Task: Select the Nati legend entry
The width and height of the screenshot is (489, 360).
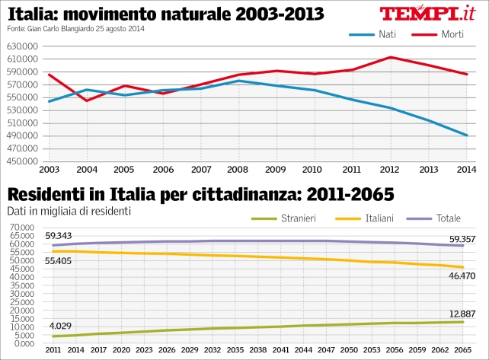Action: [374, 34]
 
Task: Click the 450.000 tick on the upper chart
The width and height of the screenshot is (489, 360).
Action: [23, 161]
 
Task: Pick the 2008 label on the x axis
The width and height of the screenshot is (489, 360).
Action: [239, 169]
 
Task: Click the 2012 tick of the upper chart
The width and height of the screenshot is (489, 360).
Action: [390, 169]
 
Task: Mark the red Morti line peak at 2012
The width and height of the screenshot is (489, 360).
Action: [390, 57]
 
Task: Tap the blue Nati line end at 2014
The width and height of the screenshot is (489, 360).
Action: [466, 135]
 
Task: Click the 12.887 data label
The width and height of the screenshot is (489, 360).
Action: [461, 313]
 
